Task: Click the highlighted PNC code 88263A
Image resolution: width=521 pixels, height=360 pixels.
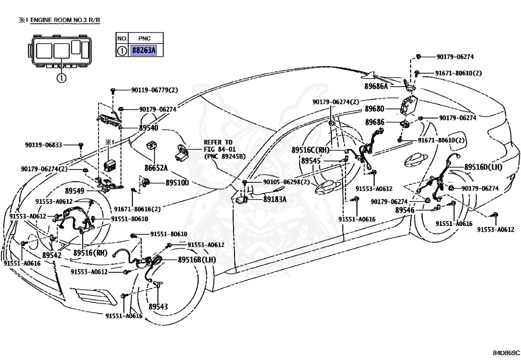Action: point(143,50)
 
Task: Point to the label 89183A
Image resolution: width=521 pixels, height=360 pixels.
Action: point(275,200)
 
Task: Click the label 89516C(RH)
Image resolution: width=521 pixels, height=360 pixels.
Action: point(310,150)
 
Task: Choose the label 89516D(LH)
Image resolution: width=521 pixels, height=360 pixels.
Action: point(483,167)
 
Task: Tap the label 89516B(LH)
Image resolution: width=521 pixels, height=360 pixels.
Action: point(197,260)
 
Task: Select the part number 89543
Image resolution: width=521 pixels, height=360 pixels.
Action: point(158,307)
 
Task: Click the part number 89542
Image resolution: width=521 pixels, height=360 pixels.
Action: point(52,255)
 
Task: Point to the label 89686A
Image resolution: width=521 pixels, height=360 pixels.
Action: point(376,87)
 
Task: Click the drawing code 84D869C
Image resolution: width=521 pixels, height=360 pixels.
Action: point(506,352)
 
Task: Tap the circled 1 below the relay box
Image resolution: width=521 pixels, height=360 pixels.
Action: point(61,78)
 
